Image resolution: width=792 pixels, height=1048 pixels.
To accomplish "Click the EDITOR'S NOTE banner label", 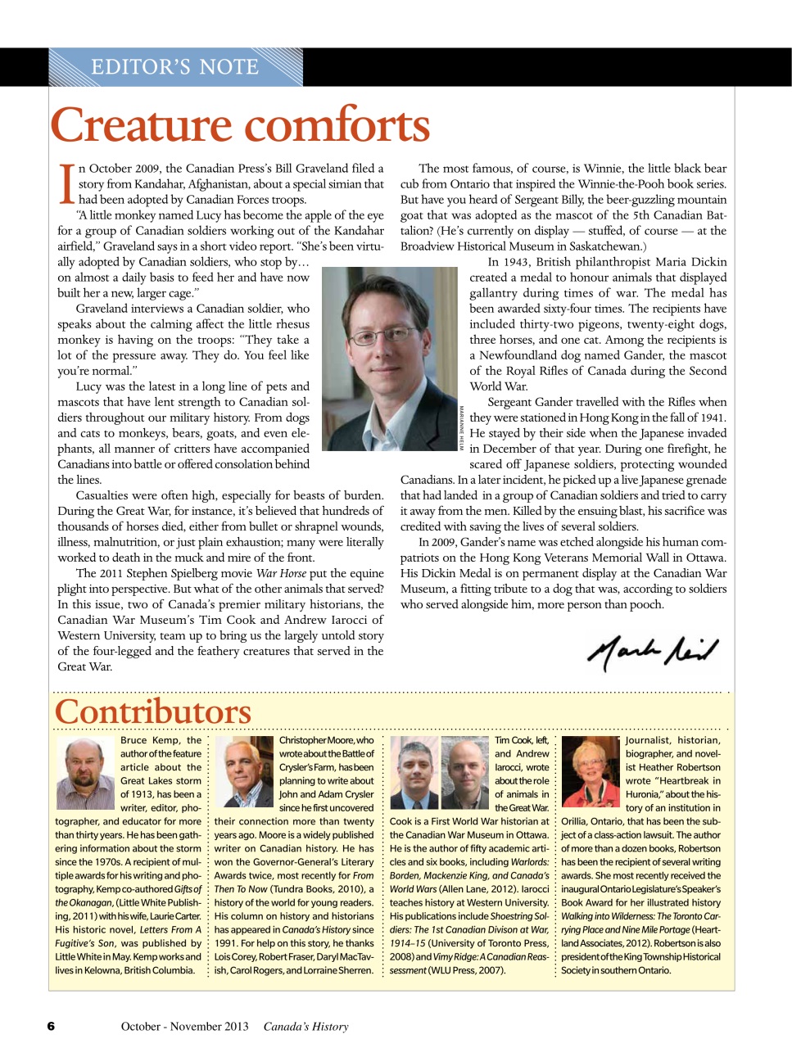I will pos(174,67).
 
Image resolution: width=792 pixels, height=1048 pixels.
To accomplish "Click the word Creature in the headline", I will pos(142,125).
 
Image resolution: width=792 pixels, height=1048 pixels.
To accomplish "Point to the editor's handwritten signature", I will pos(652,651).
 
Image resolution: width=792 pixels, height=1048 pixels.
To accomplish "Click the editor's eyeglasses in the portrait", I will pos(380,335).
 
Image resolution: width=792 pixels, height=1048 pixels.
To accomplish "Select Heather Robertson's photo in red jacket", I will pos(589,772).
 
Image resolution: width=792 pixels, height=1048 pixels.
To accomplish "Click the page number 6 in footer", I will pos(51,1026).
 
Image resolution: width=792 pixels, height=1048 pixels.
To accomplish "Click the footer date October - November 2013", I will pos(184,1026).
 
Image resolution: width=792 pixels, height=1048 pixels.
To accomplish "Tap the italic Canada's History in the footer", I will pos(305,1026).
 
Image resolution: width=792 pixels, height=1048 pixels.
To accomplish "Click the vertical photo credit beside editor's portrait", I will pos(462,427).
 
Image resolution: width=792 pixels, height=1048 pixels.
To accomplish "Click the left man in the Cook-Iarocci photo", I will pos(414,772).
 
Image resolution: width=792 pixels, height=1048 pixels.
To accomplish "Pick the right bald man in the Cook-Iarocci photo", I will pos(464,772).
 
